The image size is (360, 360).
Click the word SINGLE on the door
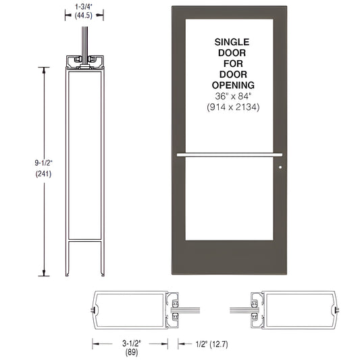coord(232,41)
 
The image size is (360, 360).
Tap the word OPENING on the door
coord(232,85)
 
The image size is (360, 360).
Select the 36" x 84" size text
coord(232,96)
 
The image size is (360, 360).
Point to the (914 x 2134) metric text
coord(232,107)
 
